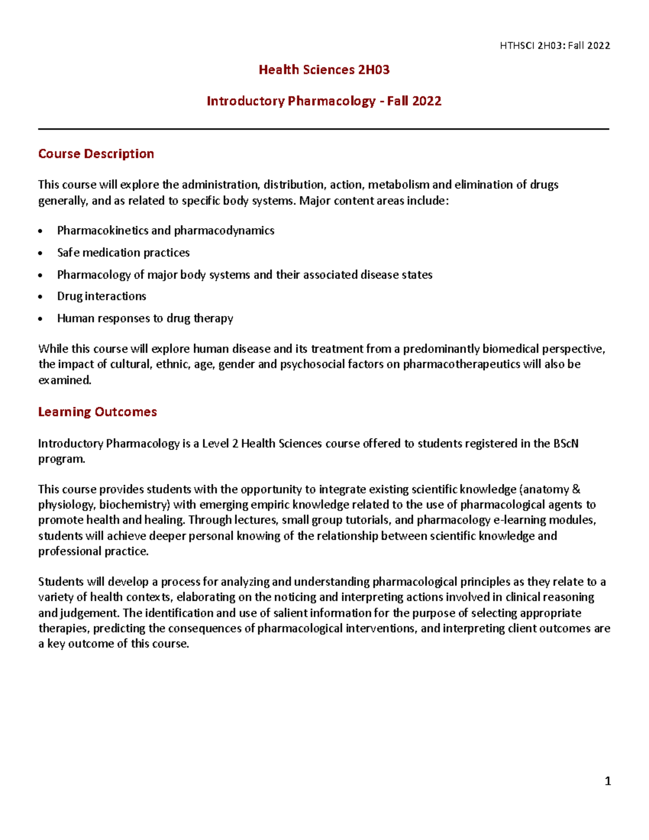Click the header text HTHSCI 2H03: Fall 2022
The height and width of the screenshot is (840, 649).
pyautogui.click(x=555, y=45)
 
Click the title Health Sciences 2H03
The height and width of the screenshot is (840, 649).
pyautogui.click(x=324, y=70)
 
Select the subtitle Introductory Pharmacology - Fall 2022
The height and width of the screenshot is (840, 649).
pyautogui.click(x=324, y=101)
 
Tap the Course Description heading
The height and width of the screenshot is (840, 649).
pyautogui.click(x=96, y=154)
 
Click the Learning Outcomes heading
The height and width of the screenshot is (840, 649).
pyautogui.click(x=97, y=412)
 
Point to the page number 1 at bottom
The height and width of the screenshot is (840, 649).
pyautogui.click(x=607, y=781)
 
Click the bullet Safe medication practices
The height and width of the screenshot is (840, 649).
pyautogui.click(x=123, y=253)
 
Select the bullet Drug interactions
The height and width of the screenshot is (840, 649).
pyautogui.click(x=102, y=296)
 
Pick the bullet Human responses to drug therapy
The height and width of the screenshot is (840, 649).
pyautogui.click(x=145, y=319)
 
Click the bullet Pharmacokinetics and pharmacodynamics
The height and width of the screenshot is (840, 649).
pyautogui.click(x=165, y=230)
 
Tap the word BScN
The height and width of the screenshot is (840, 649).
pyautogui.click(x=566, y=444)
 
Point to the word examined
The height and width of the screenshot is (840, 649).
pyautogui.click(x=64, y=380)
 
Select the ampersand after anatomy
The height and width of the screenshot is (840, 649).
pyautogui.click(x=576, y=490)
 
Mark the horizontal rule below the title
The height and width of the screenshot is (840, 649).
pyautogui.click(x=323, y=129)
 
